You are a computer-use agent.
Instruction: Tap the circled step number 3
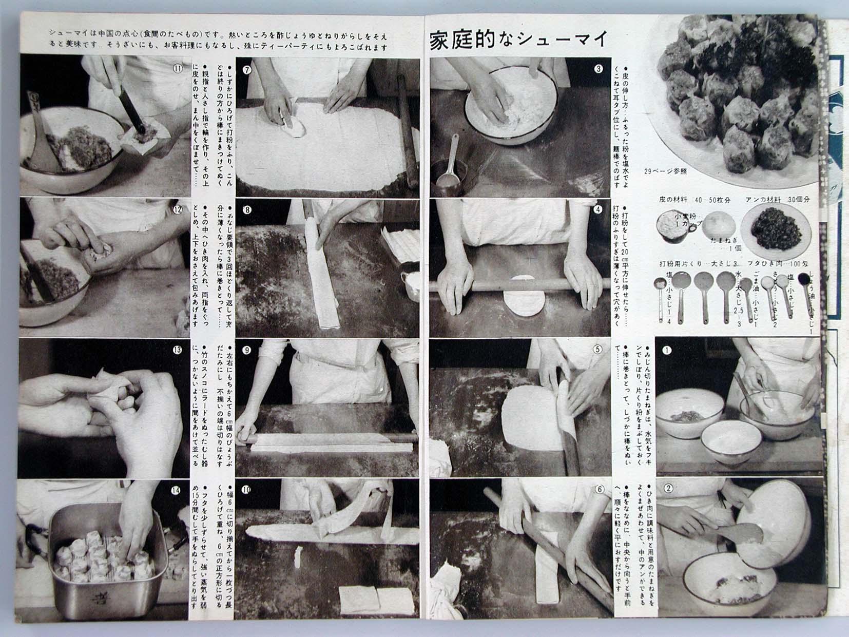click(598, 69)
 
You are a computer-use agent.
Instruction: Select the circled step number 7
click(247, 70)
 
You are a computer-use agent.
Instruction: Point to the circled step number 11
click(178, 69)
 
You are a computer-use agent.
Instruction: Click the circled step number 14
click(176, 491)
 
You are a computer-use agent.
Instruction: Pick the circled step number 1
click(667, 351)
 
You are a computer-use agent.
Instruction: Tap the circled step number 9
click(247, 350)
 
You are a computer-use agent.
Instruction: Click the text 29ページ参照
click(665, 171)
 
